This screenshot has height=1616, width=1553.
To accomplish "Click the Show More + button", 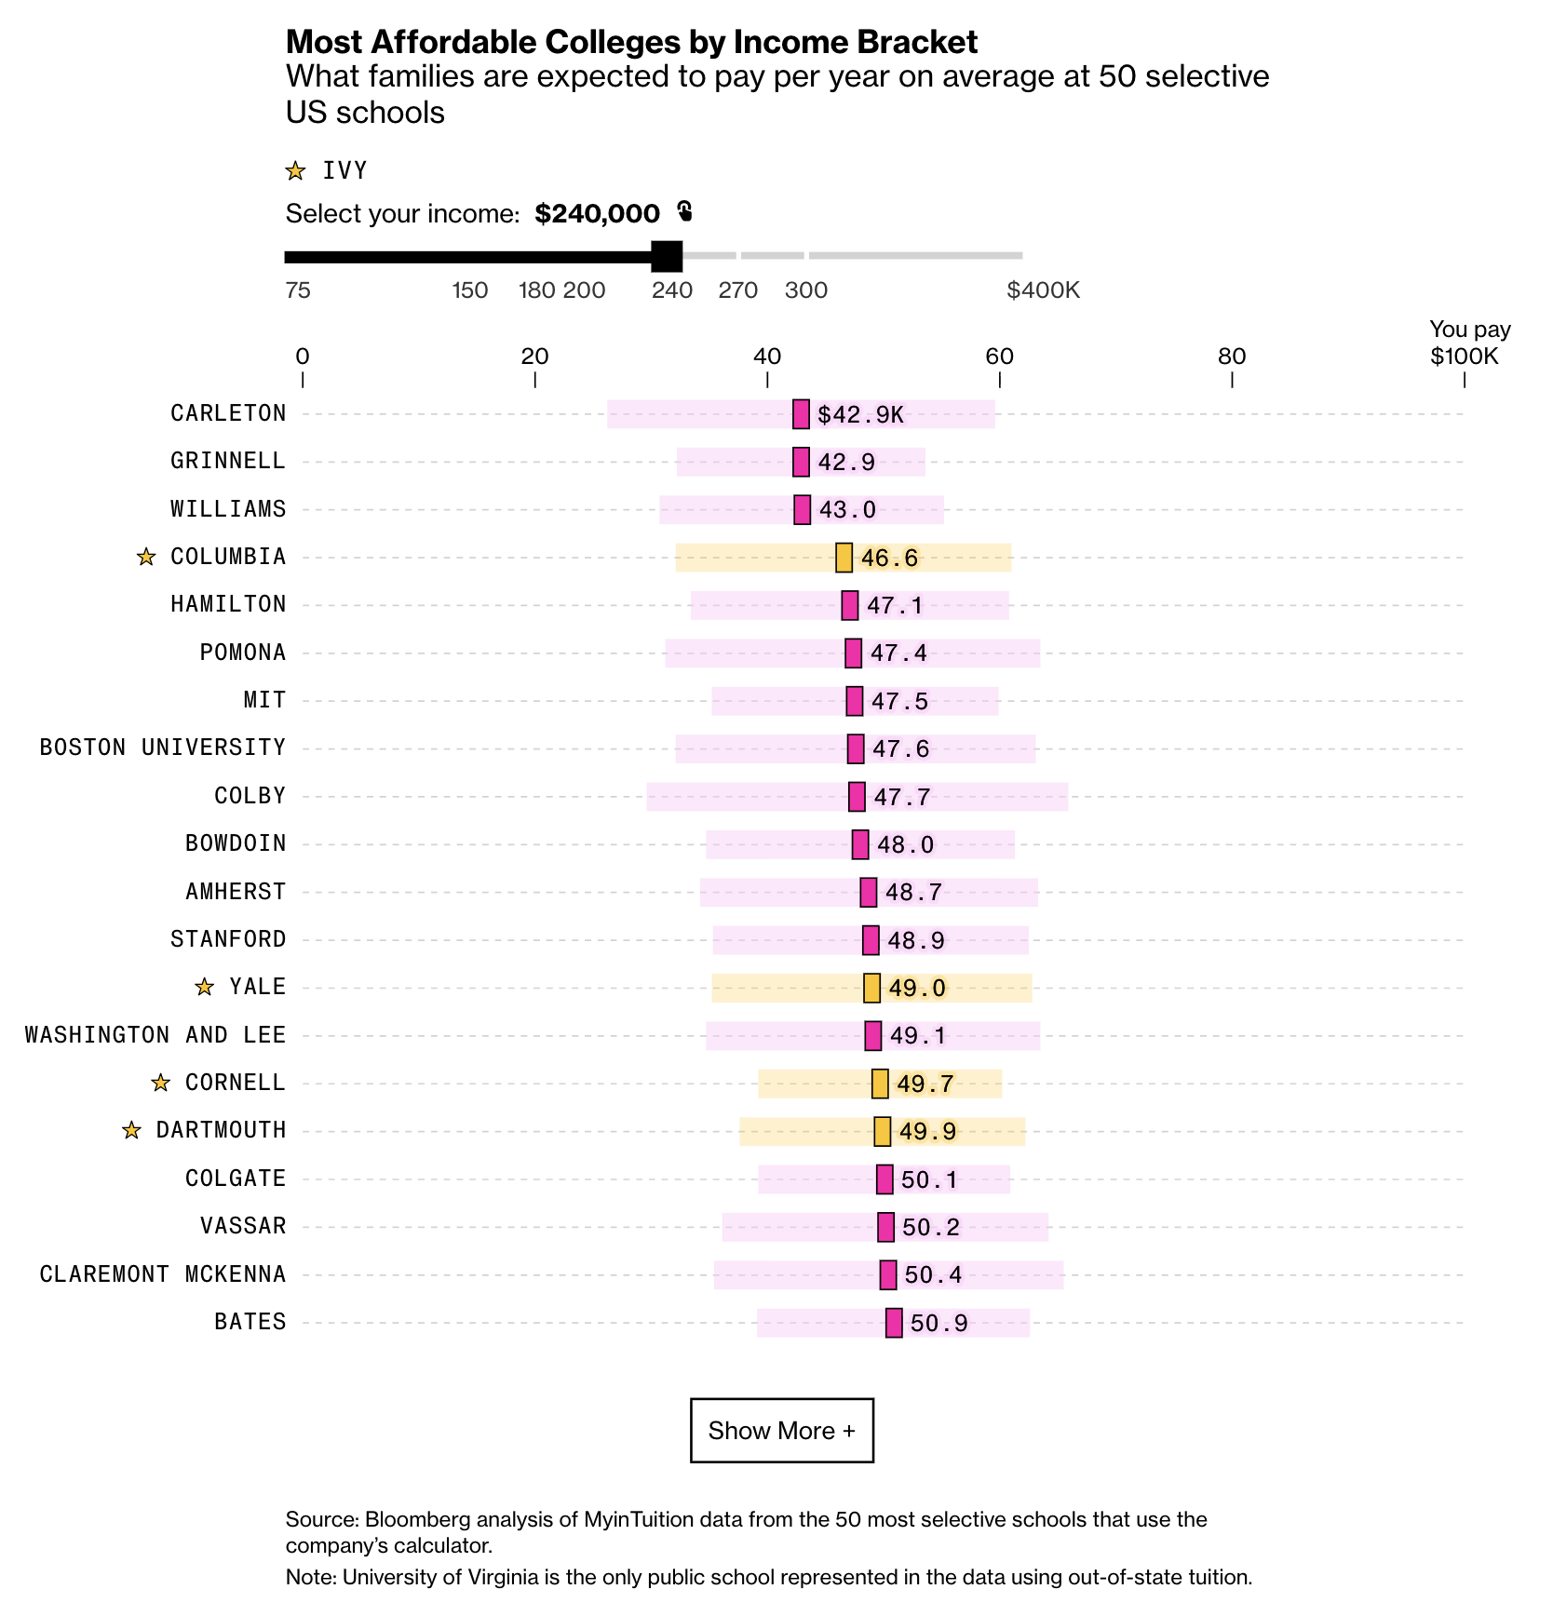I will coord(781,1430).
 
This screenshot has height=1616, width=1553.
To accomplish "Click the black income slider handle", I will coord(667,256).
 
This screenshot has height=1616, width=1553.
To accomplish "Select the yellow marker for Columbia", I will coord(844,558).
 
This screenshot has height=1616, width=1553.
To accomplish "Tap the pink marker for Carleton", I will coord(801,414).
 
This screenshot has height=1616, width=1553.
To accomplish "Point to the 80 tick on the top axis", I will coord(1232,357).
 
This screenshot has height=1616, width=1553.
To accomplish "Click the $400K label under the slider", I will coord(1043,290).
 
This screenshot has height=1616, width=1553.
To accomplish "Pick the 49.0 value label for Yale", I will coord(916,988).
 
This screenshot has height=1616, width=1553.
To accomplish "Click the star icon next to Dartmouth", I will coord(132,1130).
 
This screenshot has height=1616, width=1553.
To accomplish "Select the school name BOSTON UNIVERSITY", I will coord(162,747).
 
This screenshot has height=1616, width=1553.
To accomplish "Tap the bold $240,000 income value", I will coord(597,214).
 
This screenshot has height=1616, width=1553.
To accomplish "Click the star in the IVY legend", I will coord(295,171).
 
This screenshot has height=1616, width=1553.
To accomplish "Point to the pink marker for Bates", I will coord(894,1323).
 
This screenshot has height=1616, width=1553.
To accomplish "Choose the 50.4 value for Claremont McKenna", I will coord(933,1275).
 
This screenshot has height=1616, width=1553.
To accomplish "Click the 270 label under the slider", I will coord(737,290).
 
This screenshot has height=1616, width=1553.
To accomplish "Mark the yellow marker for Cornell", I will coord(880,1084).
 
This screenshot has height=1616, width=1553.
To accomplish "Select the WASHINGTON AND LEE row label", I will coord(155,1035).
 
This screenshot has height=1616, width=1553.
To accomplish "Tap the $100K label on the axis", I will coord(1465,357).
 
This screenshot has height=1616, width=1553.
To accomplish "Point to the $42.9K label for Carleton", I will coord(860,414).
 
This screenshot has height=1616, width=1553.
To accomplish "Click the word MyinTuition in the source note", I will coord(638,1519).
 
